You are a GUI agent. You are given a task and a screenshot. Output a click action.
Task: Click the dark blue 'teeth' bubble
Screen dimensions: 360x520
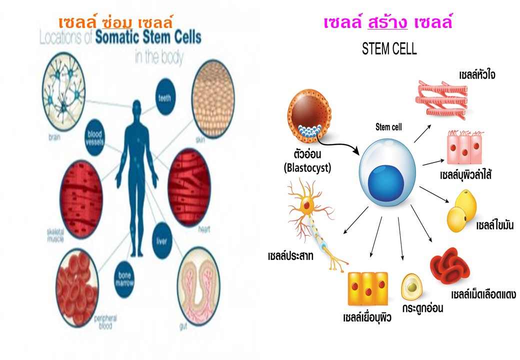click(x=165, y=98)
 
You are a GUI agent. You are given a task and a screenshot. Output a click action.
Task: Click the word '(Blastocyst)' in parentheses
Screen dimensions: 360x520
click(x=306, y=168)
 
